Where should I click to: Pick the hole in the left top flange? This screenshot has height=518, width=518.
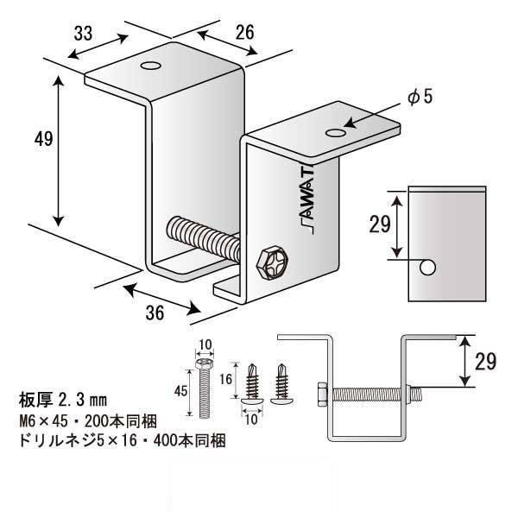[150, 66]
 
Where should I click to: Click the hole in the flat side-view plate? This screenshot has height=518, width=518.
[426, 268]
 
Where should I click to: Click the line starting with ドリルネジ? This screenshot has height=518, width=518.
[121, 441]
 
